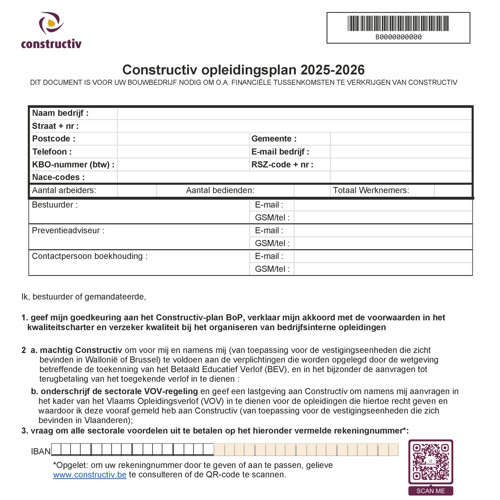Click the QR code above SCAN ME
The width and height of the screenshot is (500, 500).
click(x=431, y=462)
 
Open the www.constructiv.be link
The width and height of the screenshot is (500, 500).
click(x=90, y=475)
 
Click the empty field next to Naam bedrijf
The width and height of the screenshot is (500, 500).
click(x=294, y=113)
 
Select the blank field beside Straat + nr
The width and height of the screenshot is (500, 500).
click(x=294, y=126)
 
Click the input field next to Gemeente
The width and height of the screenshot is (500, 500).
click(x=401, y=139)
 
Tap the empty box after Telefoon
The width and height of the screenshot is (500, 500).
click(x=183, y=152)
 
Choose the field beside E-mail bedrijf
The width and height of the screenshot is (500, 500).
click(x=401, y=152)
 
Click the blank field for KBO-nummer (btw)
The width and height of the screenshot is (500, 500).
click(x=183, y=165)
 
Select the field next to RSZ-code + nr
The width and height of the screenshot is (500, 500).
click(x=401, y=165)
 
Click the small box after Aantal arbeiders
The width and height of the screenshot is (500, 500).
click(x=137, y=190)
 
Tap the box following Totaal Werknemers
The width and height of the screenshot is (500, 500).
click(x=453, y=190)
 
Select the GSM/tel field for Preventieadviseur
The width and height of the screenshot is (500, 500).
click(x=383, y=244)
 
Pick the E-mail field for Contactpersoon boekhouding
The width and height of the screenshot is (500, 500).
click(x=383, y=256)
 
